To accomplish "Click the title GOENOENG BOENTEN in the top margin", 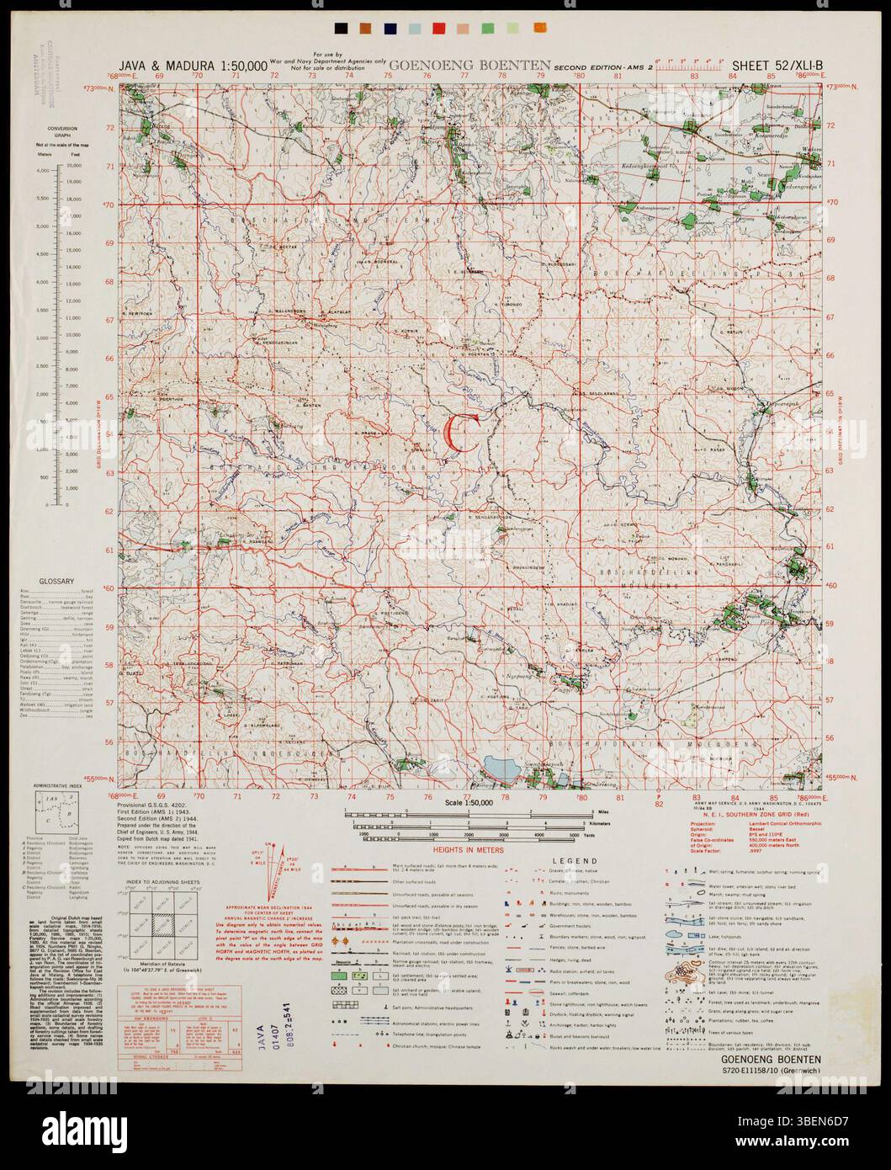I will [x=469, y=65].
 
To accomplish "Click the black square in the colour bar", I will [x=339, y=29].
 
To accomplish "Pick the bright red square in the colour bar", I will [x=438, y=29].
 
